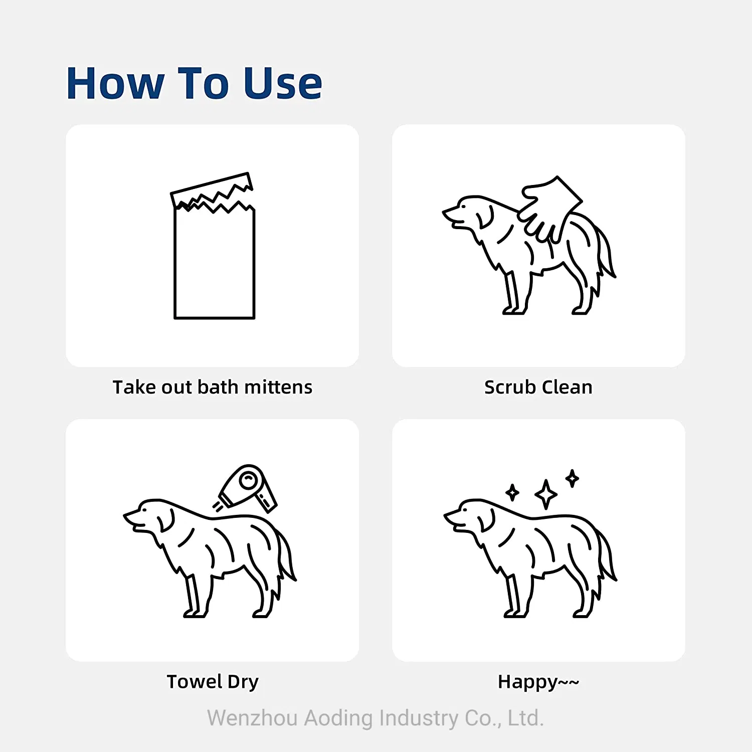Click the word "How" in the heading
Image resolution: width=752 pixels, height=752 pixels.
pyautogui.click(x=115, y=83)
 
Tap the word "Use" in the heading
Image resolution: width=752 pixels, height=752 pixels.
pyautogui.click(x=282, y=83)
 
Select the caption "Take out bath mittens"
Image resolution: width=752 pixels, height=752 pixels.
pyautogui.click(x=212, y=387)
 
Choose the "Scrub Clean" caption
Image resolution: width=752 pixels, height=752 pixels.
pyautogui.click(x=538, y=387)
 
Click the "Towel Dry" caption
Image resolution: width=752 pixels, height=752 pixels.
pyautogui.click(x=212, y=681)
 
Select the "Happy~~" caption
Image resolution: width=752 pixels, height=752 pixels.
pyautogui.click(x=538, y=682)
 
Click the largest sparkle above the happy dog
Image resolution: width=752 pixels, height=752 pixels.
pyautogui.click(x=546, y=494)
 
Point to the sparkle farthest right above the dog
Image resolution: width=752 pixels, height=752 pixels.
pyautogui.click(x=572, y=478)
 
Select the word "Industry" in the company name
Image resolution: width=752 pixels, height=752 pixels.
pyautogui.click(x=419, y=717)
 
